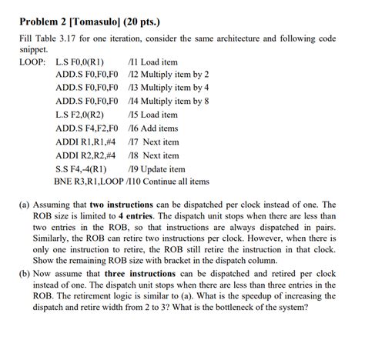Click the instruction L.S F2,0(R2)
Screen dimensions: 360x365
click(79, 115)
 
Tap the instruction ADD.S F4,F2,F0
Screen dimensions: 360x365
click(87, 128)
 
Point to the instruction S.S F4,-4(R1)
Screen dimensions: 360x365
click(81, 168)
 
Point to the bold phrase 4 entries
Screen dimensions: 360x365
click(142, 219)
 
